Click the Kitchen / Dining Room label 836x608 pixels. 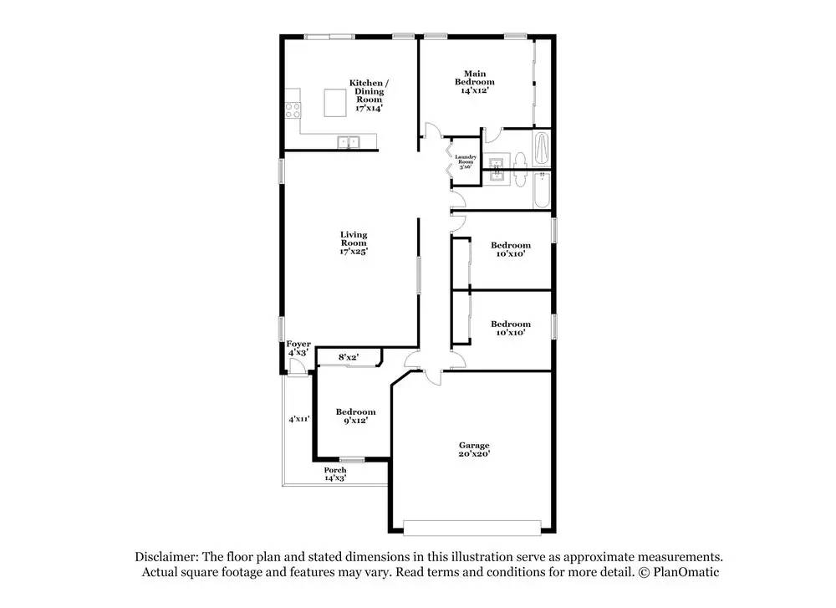369,95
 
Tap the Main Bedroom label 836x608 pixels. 475,82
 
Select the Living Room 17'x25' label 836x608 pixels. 354,243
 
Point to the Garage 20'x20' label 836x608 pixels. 474,450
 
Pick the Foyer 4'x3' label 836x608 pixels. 298,348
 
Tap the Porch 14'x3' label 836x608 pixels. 335,474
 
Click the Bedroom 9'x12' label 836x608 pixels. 355,416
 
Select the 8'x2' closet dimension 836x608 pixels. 348,357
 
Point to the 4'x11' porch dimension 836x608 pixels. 299,419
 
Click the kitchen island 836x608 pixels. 336,103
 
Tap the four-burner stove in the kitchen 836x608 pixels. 293,110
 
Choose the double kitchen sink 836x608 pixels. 349,142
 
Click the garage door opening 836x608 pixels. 472,528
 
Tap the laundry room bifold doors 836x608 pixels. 449,158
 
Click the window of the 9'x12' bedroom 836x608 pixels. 353,460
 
